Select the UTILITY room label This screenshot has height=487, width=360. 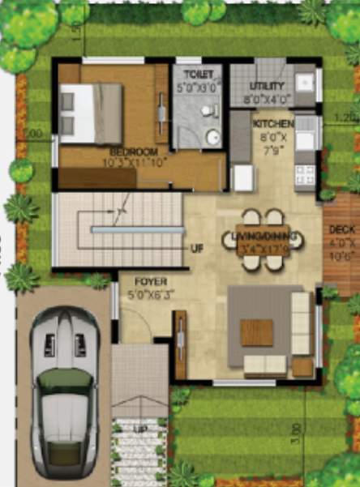[267, 86]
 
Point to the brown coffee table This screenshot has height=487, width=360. [256, 331]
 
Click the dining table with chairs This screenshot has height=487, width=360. [263, 239]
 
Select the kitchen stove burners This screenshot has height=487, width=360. [305, 173]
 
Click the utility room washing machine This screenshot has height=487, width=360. [303, 83]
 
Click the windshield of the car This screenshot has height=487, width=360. [64, 382]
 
